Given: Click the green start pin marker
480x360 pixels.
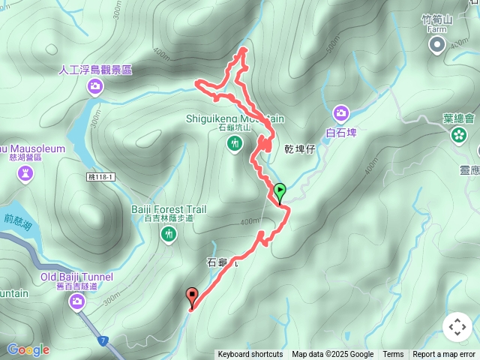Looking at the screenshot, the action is click(280, 192).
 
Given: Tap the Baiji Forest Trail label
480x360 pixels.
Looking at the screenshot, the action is click(169, 209).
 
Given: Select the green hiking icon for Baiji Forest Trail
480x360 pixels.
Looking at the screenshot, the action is click(169, 235).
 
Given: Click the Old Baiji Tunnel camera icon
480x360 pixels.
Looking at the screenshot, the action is click(77, 301).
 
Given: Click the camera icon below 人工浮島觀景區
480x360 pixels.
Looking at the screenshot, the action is click(95, 86).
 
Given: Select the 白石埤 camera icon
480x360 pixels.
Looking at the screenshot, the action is click(341, 113).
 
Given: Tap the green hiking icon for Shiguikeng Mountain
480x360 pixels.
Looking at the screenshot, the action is click(235, 142).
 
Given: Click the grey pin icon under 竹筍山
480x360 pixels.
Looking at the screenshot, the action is click(436, 46).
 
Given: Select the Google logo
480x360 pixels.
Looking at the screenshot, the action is click(28, 349).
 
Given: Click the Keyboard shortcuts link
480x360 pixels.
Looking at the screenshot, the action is click(250, 355).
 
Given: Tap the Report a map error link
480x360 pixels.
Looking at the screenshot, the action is click(444, 355).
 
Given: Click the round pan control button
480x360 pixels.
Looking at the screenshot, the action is click(457, 327).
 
